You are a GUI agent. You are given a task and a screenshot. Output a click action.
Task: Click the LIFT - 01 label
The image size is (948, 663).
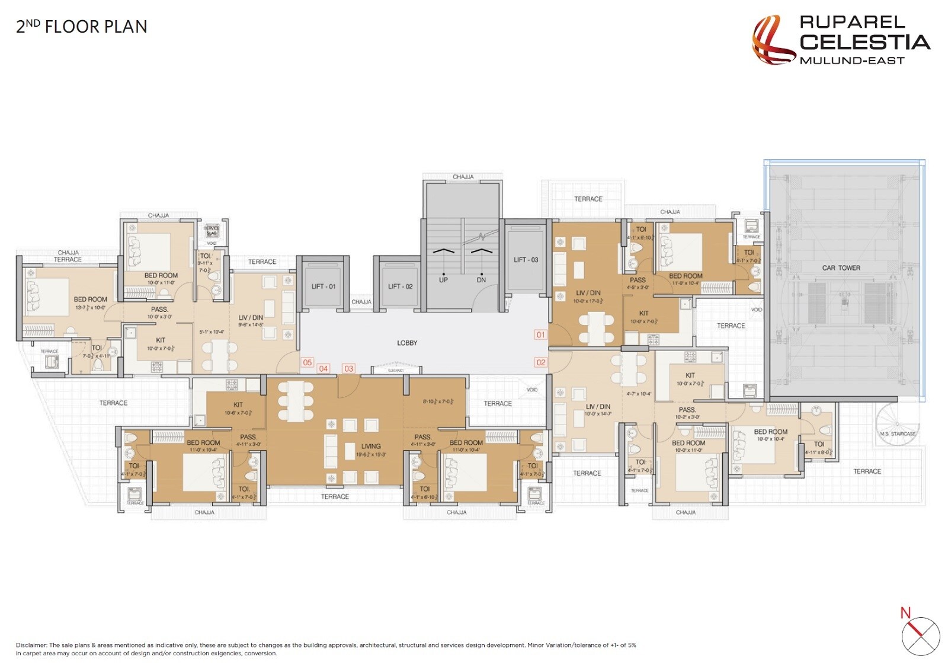click(x=323, y=286)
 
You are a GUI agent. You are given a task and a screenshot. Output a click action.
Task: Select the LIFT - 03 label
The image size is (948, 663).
click(x=526, y=260)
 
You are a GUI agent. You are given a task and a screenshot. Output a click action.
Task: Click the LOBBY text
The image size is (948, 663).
click(x=407, y=343)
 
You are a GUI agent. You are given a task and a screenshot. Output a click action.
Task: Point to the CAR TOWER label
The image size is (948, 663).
click(x=841, y=268)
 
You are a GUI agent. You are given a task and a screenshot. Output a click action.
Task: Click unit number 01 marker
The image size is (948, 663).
click(x=540, y=335)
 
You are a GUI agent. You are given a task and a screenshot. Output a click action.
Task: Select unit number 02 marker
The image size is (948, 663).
click(x=540, y=362)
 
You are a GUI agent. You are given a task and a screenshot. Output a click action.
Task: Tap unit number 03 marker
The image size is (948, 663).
click(x=348, y=369)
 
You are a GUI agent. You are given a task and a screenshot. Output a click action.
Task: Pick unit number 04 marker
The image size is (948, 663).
click(x=323, y=369)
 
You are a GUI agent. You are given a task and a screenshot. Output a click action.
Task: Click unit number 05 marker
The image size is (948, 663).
click(x=307, y=362)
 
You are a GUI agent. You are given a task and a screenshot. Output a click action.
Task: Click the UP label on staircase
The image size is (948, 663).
click(x=443, y=280)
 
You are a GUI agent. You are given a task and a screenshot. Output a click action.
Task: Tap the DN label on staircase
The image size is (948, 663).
click(x=481, y=280)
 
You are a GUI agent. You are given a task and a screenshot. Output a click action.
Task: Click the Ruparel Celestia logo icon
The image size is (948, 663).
click(x=772, y=40)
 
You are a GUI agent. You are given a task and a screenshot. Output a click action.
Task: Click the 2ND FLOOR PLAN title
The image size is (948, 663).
click(x=81, y=27)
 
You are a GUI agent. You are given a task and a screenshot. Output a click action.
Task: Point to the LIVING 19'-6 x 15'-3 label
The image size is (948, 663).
click(x=371, y=450)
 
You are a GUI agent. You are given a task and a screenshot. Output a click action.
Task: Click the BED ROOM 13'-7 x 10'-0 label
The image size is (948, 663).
click(x=90, y=303)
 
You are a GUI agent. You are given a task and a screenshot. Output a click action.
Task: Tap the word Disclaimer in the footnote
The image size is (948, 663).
click(x=31, y=645)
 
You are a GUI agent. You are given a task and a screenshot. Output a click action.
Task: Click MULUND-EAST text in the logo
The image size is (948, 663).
click(x=851, y=60)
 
